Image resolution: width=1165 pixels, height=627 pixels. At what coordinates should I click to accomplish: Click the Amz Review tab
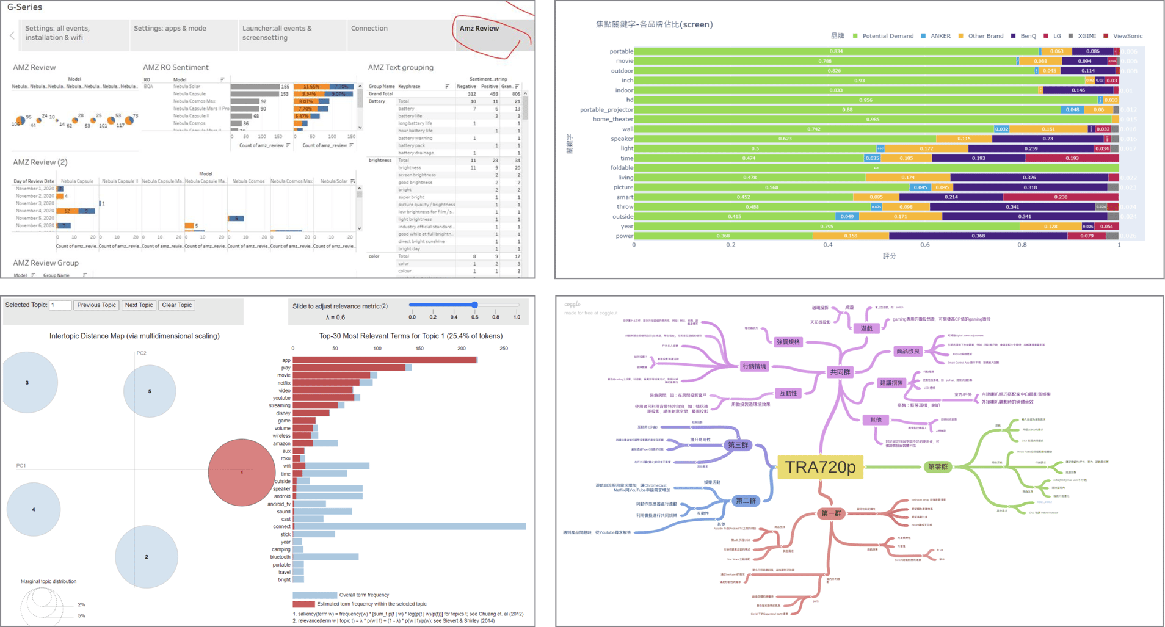click(x=479, y=29)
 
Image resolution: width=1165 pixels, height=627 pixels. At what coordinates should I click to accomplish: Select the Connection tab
click(x=369, y=29)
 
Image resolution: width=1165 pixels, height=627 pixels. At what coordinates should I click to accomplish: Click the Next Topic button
click(x=139, y=305)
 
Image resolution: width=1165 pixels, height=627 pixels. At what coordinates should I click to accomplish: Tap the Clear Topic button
click(x=177, y=305)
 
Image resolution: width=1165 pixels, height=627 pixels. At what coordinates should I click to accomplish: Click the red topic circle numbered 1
click(x=242, y=472)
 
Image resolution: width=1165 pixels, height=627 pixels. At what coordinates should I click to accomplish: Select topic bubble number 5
click(x=150, y=391)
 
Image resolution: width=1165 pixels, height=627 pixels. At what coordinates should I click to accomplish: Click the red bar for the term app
click(x=385, y=360)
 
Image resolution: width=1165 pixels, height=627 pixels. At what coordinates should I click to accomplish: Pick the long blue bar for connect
click(x=409, y=526)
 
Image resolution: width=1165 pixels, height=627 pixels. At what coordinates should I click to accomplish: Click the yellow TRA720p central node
click(x=820, y=467)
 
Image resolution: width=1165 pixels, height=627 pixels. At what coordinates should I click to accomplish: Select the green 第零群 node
click(x=938, y=467)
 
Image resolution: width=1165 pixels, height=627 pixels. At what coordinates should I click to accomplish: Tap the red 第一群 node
click(x=831, y=513)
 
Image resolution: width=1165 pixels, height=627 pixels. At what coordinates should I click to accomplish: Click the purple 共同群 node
click(x=840, y=372)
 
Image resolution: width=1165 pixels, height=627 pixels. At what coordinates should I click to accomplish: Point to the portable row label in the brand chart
click(x=621, y=51)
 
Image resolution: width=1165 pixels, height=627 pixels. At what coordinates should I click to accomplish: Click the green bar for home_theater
click(x=873, y=120)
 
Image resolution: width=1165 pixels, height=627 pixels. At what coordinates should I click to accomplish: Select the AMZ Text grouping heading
click(x=401, y=67)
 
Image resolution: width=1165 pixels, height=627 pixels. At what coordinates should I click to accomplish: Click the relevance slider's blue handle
click(x=474, y=305)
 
